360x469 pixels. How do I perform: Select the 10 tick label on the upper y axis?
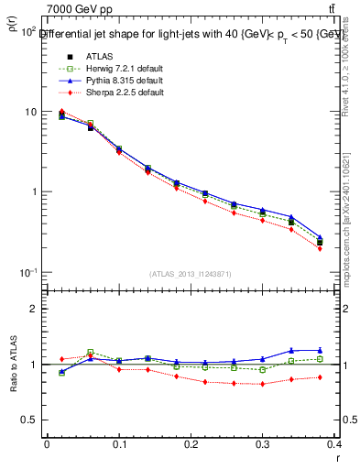click(x=29, y=112)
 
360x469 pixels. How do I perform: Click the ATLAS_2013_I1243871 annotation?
click(x=191, y=274)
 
